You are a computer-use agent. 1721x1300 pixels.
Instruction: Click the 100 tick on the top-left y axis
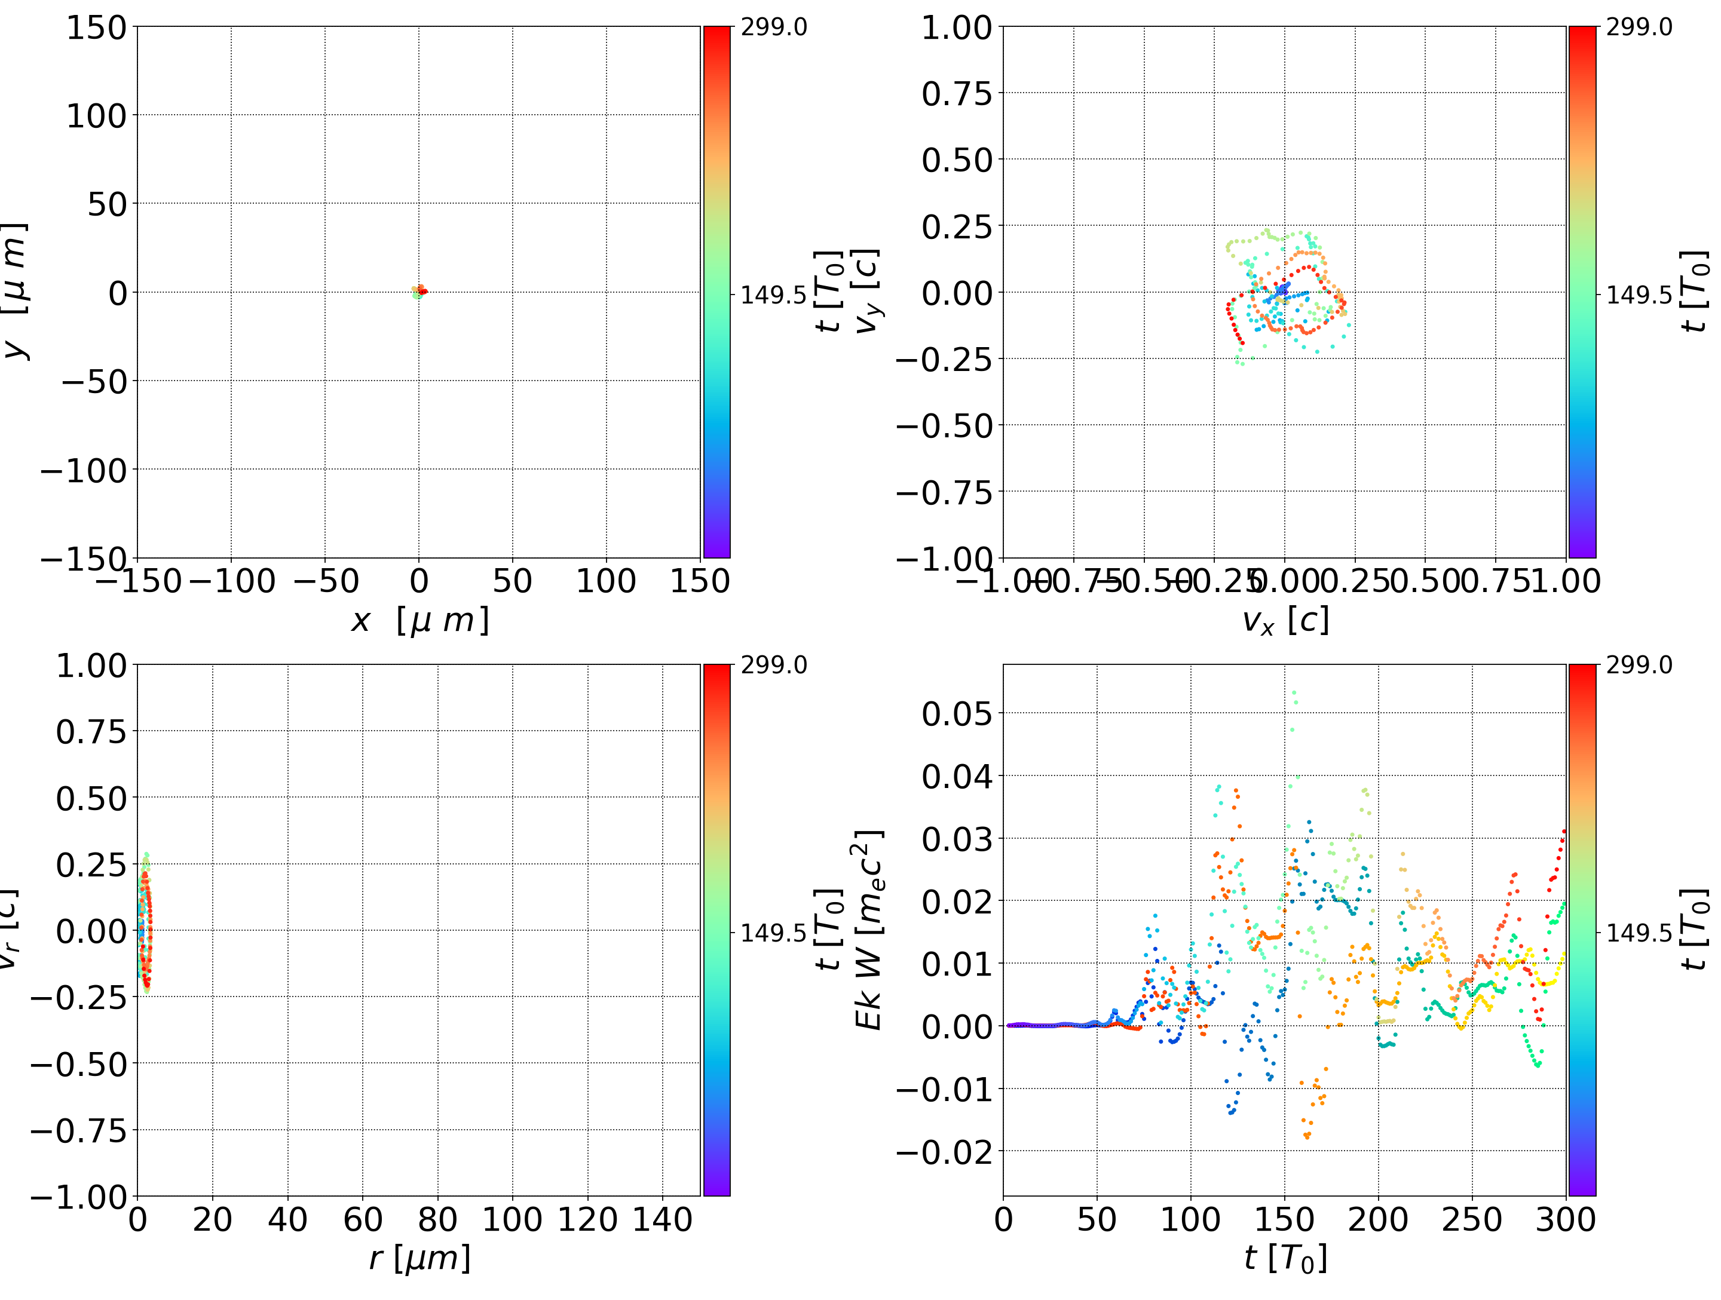tap(96, 116)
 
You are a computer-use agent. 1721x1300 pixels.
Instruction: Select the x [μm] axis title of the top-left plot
tap(419, 621)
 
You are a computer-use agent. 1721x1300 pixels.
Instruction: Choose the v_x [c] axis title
tap(1285, 621)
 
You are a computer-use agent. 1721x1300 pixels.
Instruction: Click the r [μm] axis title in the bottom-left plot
tap(419, 1259)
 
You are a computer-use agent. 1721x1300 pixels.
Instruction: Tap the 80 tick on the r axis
tap(437, 1220)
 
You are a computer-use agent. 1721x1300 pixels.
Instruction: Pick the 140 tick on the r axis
tap(662, 1220)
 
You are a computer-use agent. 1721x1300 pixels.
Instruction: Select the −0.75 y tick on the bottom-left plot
tap(78, 1130)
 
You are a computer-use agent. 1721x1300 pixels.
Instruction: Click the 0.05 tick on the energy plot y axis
tap(957, 713)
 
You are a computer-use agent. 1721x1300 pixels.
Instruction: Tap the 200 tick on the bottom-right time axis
tap(1378, 1220)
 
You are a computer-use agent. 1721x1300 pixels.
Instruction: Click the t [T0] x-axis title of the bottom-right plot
tap(1285, 1259)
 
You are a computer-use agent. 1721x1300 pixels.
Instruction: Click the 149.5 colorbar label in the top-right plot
tap(1639, 295)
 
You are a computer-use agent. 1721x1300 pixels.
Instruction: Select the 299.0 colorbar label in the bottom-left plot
tap(773, 665)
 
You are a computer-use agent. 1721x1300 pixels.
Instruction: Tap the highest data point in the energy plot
tap(1294, 692)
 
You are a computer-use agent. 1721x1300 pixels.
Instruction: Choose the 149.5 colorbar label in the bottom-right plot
tap(1639, 932)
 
